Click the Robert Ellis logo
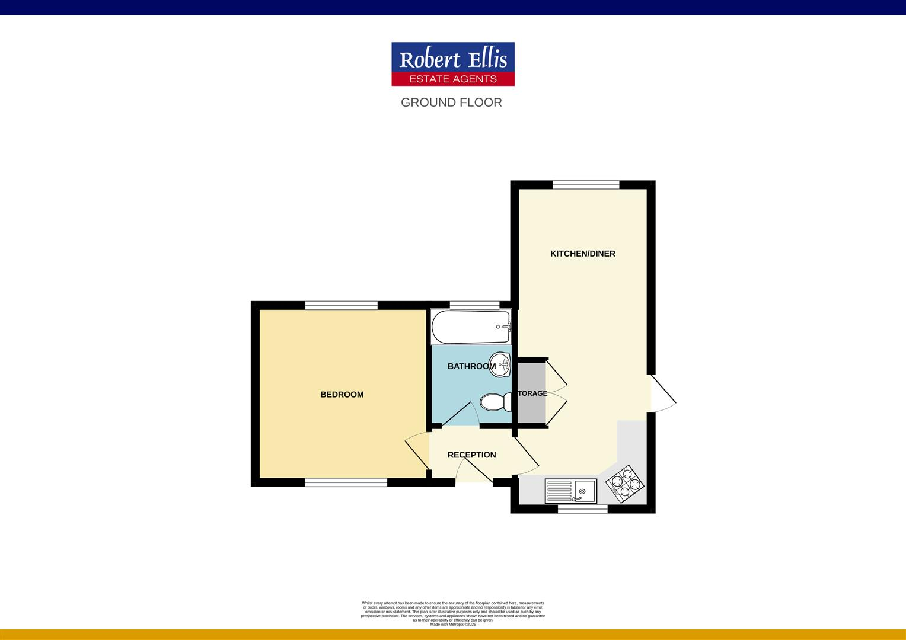click(452, 64)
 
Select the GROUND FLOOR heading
click(451, 103)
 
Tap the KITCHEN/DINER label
click(583, 254)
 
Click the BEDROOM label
click(342, 395)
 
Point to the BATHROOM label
click(471, 366)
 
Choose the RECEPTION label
click(471, 455)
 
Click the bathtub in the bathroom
click(471, 327)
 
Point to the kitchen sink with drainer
click(571, 491)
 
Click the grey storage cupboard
click(532, 393)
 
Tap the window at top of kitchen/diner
click(586, 184)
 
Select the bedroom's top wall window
click(342, 305)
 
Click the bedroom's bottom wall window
click(346, 483)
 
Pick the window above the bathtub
click(474, 305)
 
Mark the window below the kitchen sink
click(583, 509)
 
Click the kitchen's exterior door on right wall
click(662, 393)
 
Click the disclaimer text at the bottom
click(452, 613)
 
